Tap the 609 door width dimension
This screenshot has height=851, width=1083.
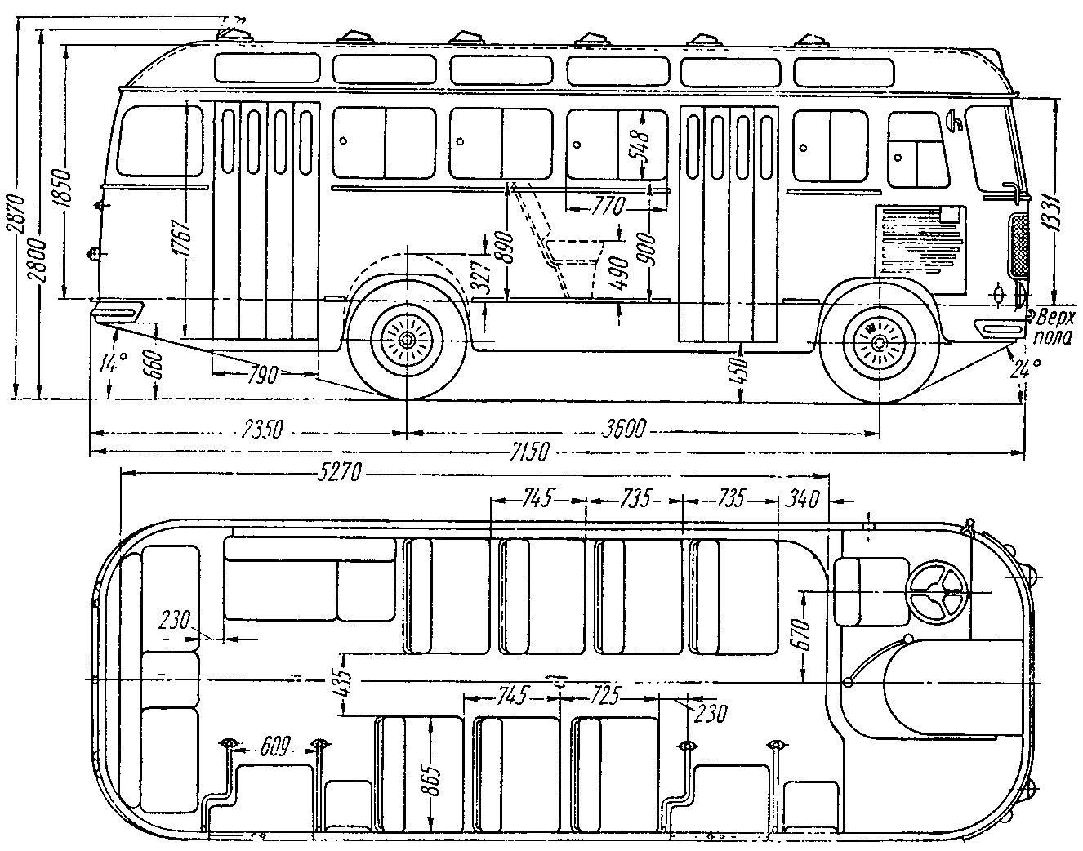point(274,746)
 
